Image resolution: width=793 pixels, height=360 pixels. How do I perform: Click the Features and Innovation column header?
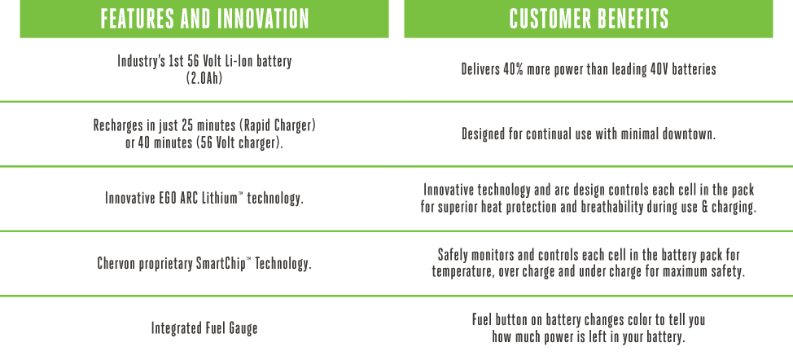(x=204, y=19)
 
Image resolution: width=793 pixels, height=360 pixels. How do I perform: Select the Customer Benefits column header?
(x=589, y=19)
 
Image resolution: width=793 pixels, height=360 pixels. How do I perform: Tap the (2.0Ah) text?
(x=204, y=79)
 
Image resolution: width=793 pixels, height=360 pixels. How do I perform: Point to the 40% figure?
(x=513, y=68)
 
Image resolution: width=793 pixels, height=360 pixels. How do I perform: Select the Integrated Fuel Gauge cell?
(x=204, y=328)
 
